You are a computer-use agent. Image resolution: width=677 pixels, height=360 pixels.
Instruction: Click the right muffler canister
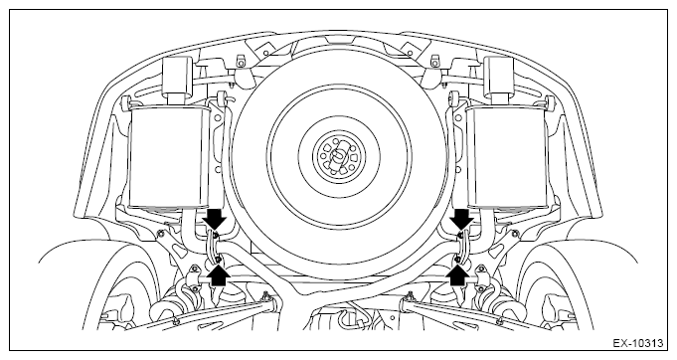pos(507,156)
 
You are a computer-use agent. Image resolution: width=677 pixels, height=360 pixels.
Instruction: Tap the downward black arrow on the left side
pos(215,219)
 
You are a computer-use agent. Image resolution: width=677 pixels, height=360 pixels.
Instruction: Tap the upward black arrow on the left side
pos(219,275)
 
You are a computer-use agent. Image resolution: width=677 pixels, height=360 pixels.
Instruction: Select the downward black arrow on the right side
pos(461,219)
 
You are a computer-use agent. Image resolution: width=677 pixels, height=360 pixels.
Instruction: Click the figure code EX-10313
pos(637,344)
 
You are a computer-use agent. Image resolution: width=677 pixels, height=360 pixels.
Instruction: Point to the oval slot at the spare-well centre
pos(338,156)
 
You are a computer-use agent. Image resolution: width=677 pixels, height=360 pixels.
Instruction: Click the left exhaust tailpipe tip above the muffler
pos(177,75)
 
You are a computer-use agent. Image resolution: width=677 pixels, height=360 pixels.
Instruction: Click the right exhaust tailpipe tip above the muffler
pos(499,75)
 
